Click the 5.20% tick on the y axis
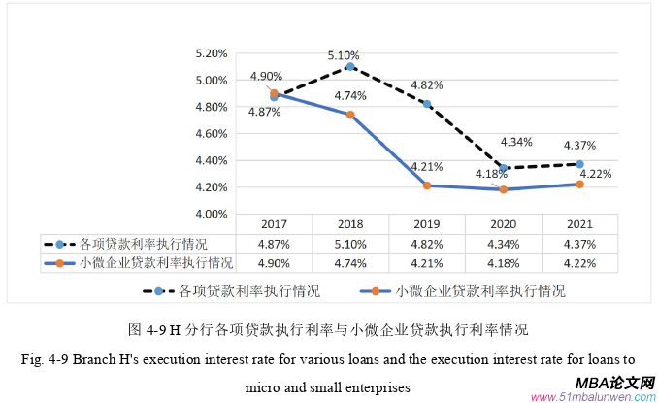[x=212, y=53]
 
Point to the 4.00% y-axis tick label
[x=212, y=214]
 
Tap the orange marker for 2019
[x=426, y=185]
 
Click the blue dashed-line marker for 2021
[x=579, y=164]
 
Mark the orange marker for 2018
[x=350, y=115]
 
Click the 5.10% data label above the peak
[x=345, y=55]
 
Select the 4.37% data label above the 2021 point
[x=579, y=146]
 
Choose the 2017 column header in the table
[x=274, y=225]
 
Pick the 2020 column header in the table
[x=503, y=225]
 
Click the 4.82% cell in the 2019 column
[x=427, y=244]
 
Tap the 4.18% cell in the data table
[x=503, y=261]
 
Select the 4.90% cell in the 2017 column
[x=274, y=261]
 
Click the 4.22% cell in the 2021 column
[x=579, y=261]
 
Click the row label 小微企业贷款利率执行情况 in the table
[x=155, y=261]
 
